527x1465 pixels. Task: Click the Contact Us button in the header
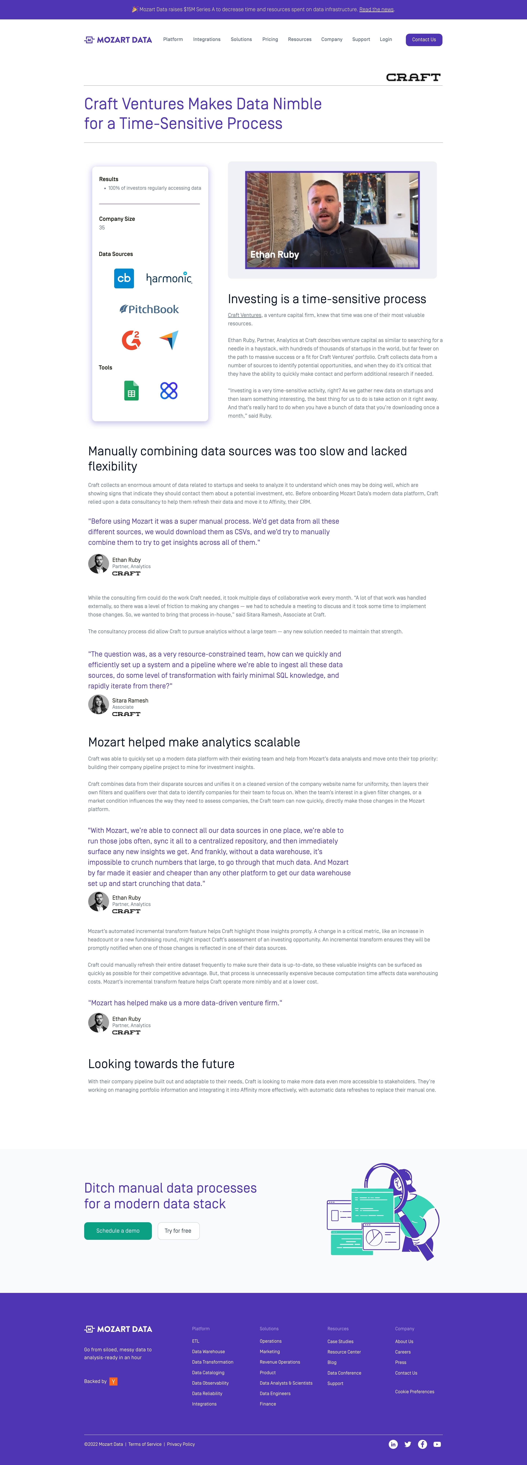pos(424,40)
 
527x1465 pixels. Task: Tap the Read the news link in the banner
pos(376,10)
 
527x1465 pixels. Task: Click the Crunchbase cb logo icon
pos(124,278)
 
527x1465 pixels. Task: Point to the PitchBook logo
pos(149,309)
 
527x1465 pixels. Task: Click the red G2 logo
pos(131,340)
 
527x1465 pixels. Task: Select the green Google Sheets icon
pos(131,391)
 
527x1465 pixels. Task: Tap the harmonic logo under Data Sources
pos(169,278)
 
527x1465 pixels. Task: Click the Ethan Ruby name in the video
pos(275,255)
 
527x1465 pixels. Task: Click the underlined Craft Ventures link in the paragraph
pos(244,315)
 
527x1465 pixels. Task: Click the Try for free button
pos(178,1231)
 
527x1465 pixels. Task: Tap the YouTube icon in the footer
pos(437,1444)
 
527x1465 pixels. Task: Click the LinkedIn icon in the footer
pos(393,1444)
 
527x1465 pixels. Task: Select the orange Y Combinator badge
pos(113,1381)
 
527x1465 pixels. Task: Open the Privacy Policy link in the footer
pos(181,1444)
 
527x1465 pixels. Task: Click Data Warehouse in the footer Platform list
pos(208,1352)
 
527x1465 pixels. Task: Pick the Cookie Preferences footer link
pos(414,1392)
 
